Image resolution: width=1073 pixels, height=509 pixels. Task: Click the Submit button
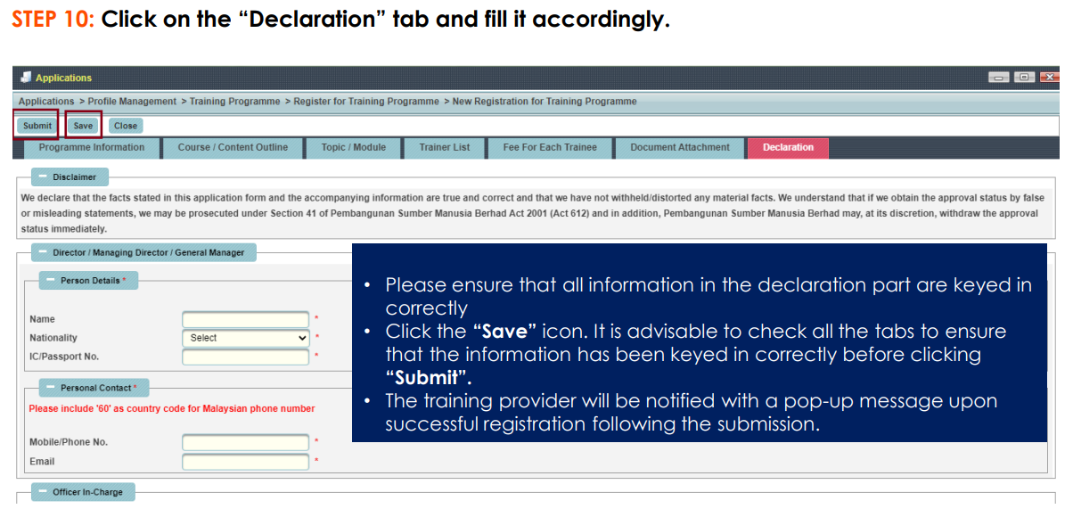[37, 126]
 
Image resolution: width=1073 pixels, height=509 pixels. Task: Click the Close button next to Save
[126, 126]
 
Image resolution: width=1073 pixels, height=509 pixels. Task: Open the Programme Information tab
[92, 148]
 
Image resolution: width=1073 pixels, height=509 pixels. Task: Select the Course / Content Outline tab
[233, 148]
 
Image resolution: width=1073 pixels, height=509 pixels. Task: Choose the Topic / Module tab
[354, 148]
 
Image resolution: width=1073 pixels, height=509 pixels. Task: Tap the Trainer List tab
[445, 148]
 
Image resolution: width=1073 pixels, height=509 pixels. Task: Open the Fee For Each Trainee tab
[550, 148]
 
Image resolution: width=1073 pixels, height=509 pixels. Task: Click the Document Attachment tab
[680, 148]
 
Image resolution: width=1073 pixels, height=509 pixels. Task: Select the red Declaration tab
[788, 148]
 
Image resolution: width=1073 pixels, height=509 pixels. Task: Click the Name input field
[245, 319]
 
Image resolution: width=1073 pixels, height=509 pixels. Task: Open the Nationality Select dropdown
[245, 338]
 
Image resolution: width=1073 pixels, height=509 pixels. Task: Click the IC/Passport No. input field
[245, 357]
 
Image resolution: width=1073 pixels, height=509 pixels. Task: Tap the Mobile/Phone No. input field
[245, 442]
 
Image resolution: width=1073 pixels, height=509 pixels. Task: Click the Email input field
[245, 462]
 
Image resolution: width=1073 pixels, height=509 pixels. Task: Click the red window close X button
[1049, 78]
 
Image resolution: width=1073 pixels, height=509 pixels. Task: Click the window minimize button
[998, 78]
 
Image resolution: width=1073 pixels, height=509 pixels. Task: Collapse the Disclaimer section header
[70, 177]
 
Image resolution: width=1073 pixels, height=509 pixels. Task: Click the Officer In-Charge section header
[84, 492]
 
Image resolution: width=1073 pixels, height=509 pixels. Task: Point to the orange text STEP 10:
[53, 20]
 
